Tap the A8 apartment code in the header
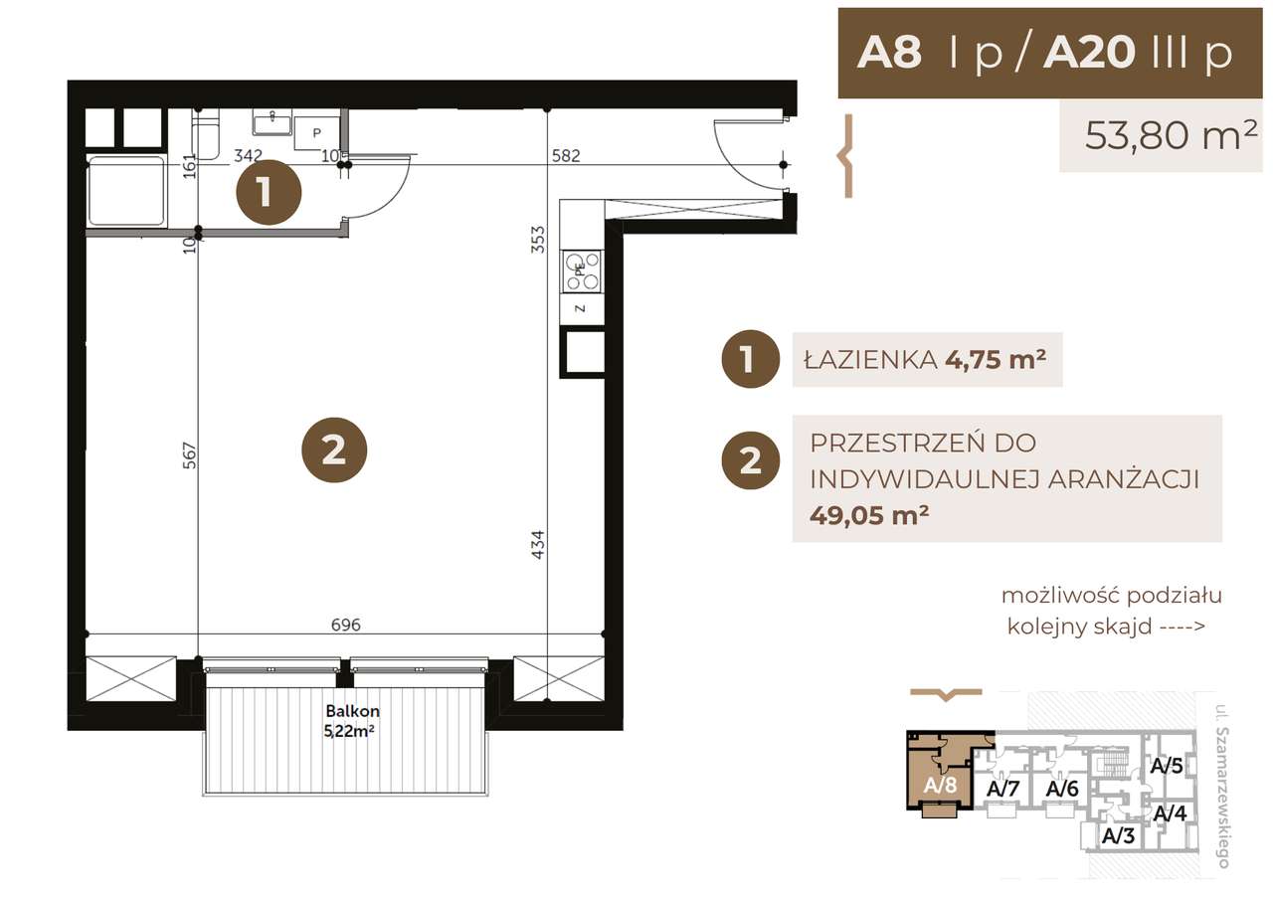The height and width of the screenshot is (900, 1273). click(889, 54)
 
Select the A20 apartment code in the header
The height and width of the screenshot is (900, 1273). click(1088, 54)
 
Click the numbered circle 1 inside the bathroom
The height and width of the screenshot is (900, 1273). click(268, 192)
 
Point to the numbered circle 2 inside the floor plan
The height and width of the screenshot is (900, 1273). click(334, 450)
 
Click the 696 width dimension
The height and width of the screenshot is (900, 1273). click(345, 625)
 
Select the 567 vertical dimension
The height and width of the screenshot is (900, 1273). click(190, 455)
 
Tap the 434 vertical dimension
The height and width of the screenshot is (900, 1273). click(539, 544)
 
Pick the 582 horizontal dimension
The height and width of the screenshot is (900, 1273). click(565, 155)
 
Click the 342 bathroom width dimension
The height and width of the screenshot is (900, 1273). click(247, 155)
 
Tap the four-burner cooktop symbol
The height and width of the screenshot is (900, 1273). click(583, 271)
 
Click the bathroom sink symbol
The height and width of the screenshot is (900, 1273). click(272, 123)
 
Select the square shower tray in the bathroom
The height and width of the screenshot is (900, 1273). click(126, 190)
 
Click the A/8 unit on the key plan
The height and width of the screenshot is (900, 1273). click(940, 784)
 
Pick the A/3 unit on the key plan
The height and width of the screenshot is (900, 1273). click(1118, 835)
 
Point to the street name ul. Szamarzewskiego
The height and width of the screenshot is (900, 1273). click(1221, 786)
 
